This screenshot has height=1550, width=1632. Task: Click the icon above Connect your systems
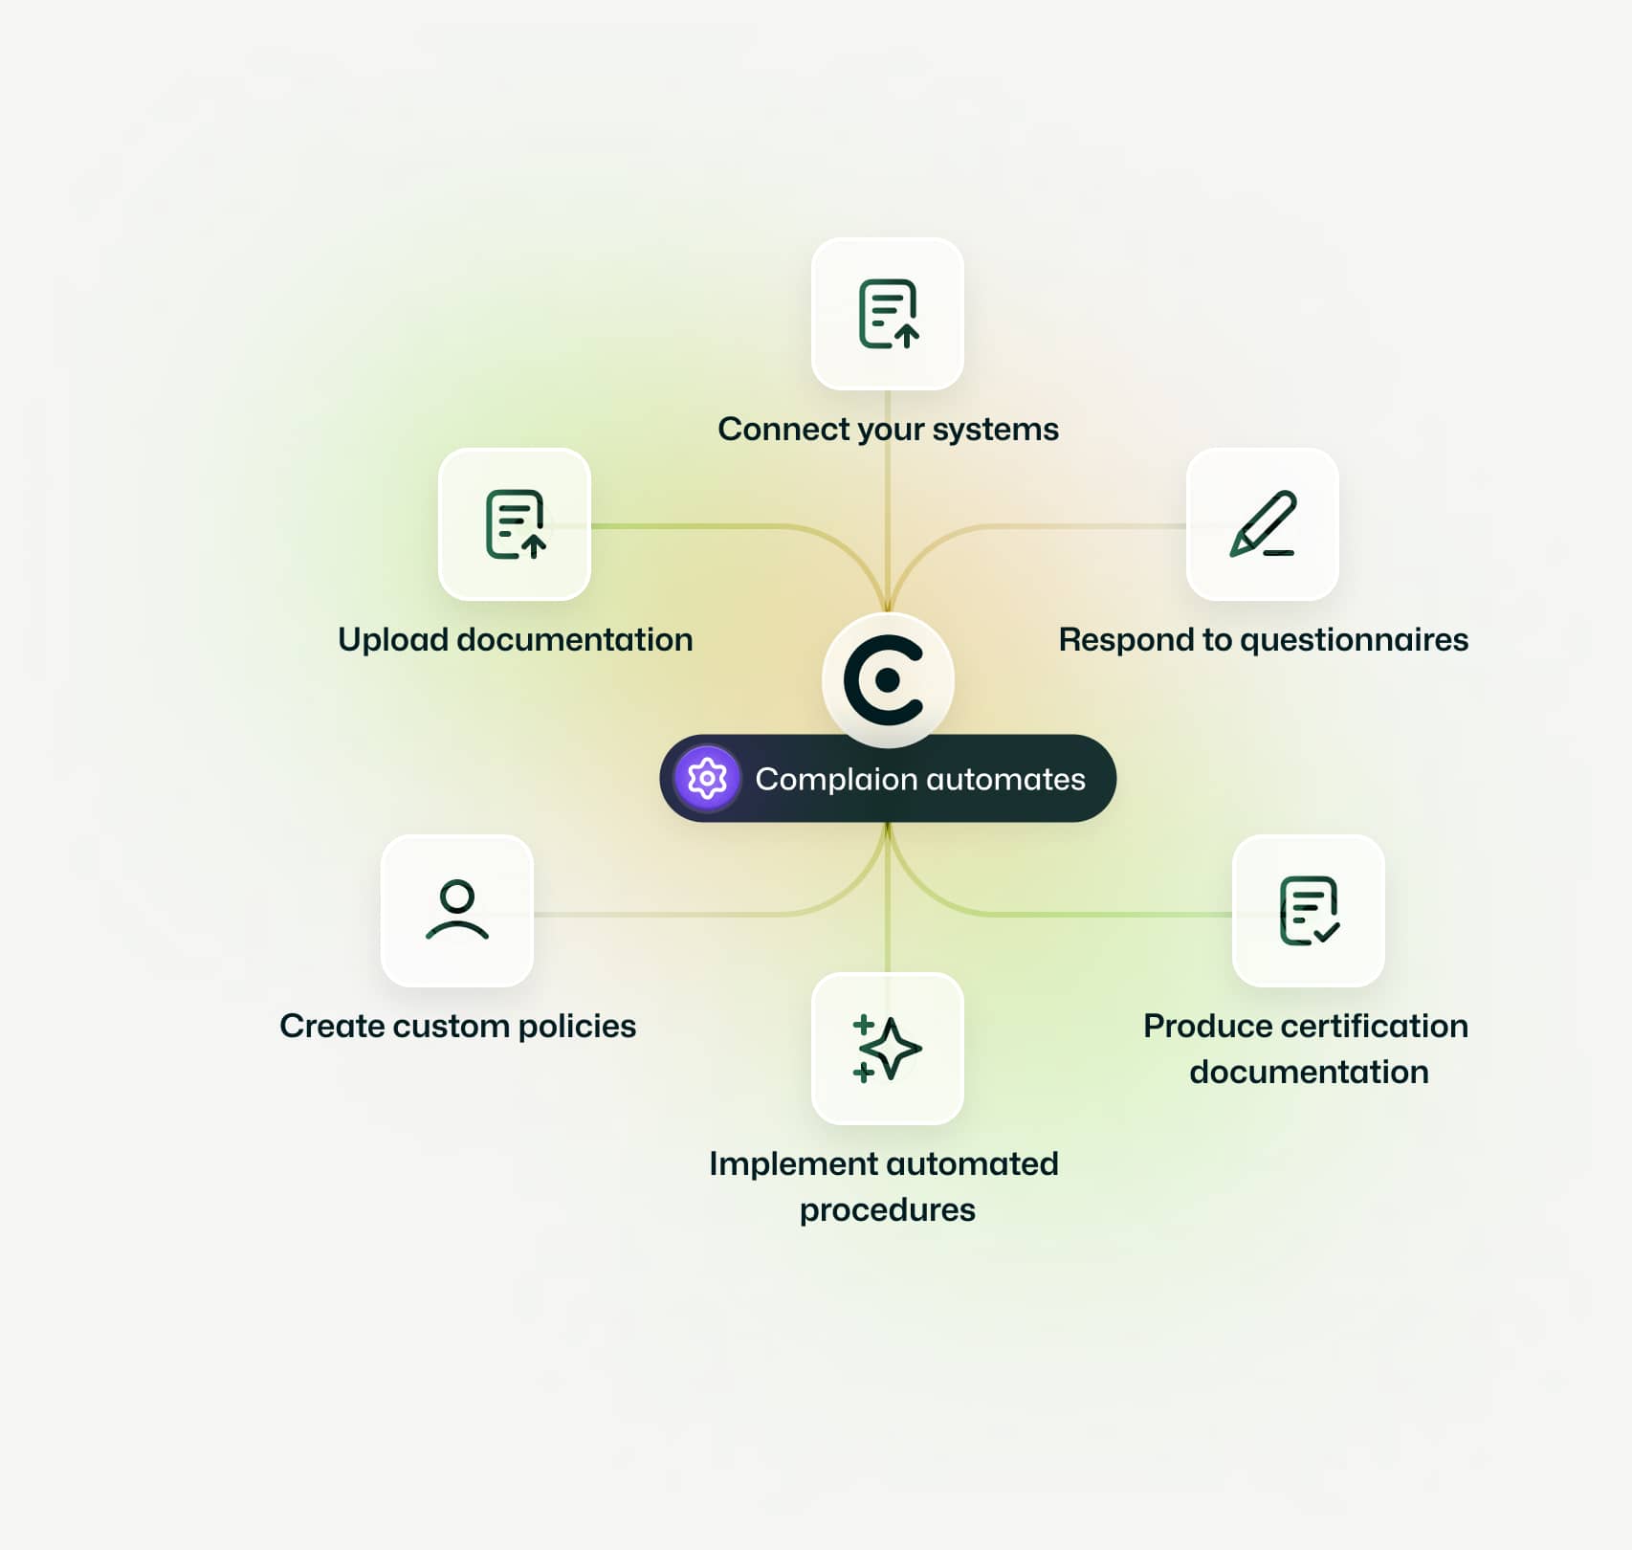tap(888, 314)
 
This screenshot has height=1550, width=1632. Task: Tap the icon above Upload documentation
tap(515, 524)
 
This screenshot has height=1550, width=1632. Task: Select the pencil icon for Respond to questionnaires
tap(1262, 524)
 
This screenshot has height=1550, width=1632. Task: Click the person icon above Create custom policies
tap(457, 910)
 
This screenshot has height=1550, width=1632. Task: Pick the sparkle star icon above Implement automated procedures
tap(887, 1048)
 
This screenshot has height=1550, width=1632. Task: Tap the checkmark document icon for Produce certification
tap(1309, 910)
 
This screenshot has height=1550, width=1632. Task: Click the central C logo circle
tap(887, 679)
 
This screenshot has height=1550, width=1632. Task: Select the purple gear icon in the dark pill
tap(707, 778)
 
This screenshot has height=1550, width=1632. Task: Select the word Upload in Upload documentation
tap(392, 639)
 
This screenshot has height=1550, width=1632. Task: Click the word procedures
tap(887, 1210)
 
